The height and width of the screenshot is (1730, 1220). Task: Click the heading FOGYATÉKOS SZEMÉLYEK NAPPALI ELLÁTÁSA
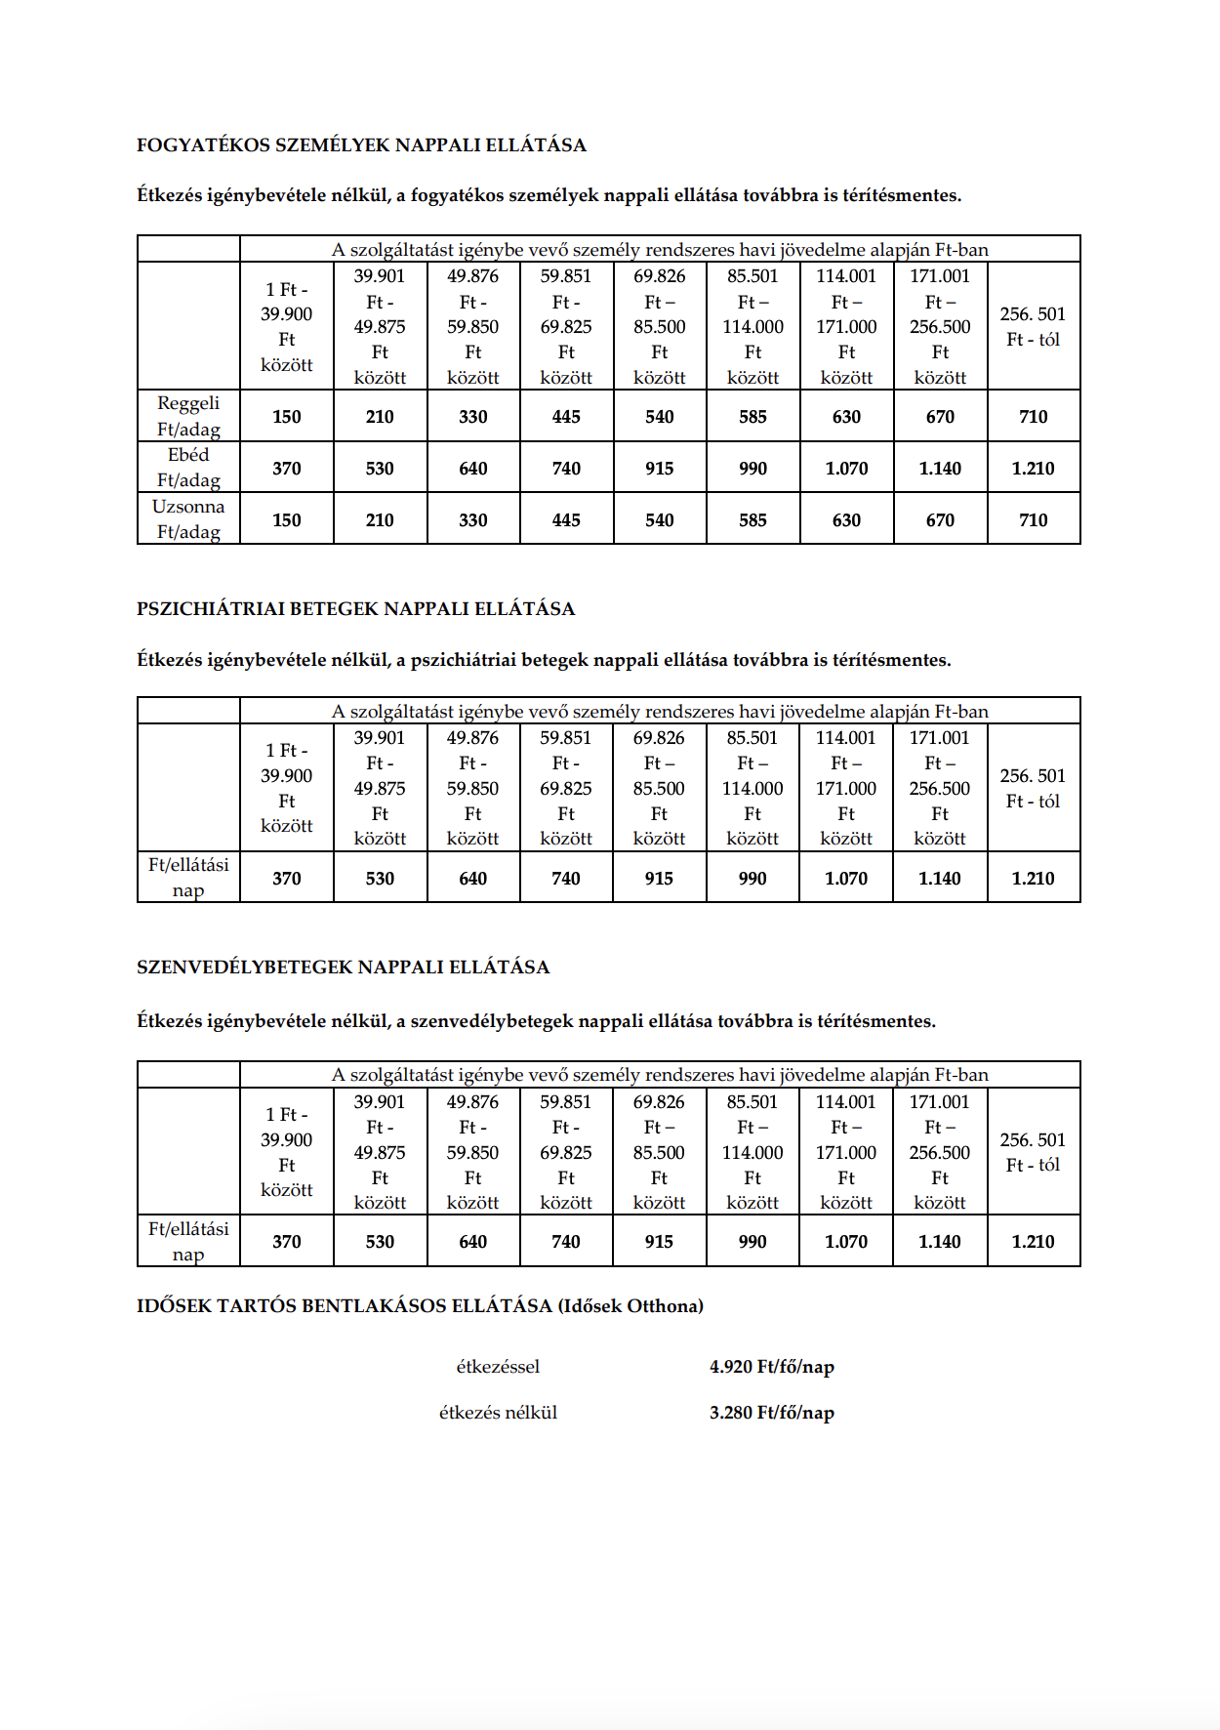tap(361, 145)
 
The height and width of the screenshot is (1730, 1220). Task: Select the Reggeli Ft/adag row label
tap(188, 416)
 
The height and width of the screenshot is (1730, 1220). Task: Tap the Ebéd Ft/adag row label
tap(188, 467)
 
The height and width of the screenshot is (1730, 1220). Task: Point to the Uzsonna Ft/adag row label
tap(188, 518)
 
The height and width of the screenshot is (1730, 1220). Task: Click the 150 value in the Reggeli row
tap(286, 417)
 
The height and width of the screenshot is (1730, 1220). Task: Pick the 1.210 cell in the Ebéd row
tap(1033, 469)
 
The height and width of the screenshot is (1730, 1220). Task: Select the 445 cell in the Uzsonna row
tap(566, 520)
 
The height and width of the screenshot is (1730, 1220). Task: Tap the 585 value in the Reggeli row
tap(752, 417)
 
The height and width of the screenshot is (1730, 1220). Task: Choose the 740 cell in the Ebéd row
tap(566, 469)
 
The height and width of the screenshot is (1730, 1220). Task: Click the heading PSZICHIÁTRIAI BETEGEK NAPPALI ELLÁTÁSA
tap(355, 609)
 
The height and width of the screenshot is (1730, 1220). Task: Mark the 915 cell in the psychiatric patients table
tap(659, 879)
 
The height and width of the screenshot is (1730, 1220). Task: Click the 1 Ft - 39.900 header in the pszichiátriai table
tap(286, 788)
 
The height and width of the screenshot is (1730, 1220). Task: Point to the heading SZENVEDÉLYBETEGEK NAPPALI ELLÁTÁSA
tap(343, 968)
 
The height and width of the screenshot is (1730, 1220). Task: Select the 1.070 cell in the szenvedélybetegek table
tap(845, 1242)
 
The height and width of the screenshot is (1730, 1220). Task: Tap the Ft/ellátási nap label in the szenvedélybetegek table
tap(188, 1241)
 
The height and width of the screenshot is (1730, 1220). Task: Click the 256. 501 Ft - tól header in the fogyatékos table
tap(1033, 327)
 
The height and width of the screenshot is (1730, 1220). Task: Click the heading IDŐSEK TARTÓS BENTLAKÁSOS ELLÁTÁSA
tap(420, 1306)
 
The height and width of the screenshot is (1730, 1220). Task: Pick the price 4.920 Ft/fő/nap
tap(771, 1367)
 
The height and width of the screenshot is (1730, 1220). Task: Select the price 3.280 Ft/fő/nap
tap(771, 1413)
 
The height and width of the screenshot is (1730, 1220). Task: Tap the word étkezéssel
tap(498, 1367)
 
